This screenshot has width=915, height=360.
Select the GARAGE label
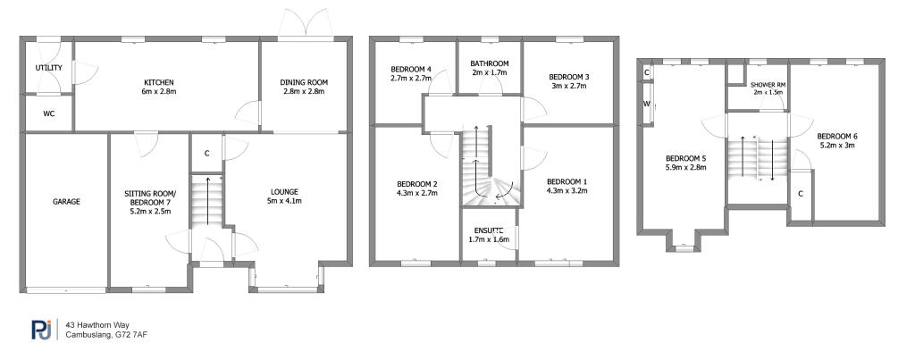point(66,202)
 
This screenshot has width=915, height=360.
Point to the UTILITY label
point(47,68)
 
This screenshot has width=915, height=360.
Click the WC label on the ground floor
point(48,113)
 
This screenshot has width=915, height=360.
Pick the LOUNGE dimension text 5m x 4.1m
point(285,201)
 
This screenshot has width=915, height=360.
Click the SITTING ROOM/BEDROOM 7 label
point(150,199)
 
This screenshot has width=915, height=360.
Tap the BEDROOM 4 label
point(411,70)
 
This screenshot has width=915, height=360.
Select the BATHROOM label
point(490,63)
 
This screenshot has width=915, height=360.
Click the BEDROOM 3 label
point(568,77)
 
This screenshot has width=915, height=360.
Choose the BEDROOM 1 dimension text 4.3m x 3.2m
point(567,189)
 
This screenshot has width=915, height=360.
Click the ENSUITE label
point(490,230)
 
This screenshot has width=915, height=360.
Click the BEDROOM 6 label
point(838,136)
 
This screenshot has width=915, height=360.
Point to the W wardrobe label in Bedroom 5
point(645,104)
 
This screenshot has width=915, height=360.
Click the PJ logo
point(40,331)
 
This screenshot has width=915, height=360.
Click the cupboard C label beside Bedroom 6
point(801,193)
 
